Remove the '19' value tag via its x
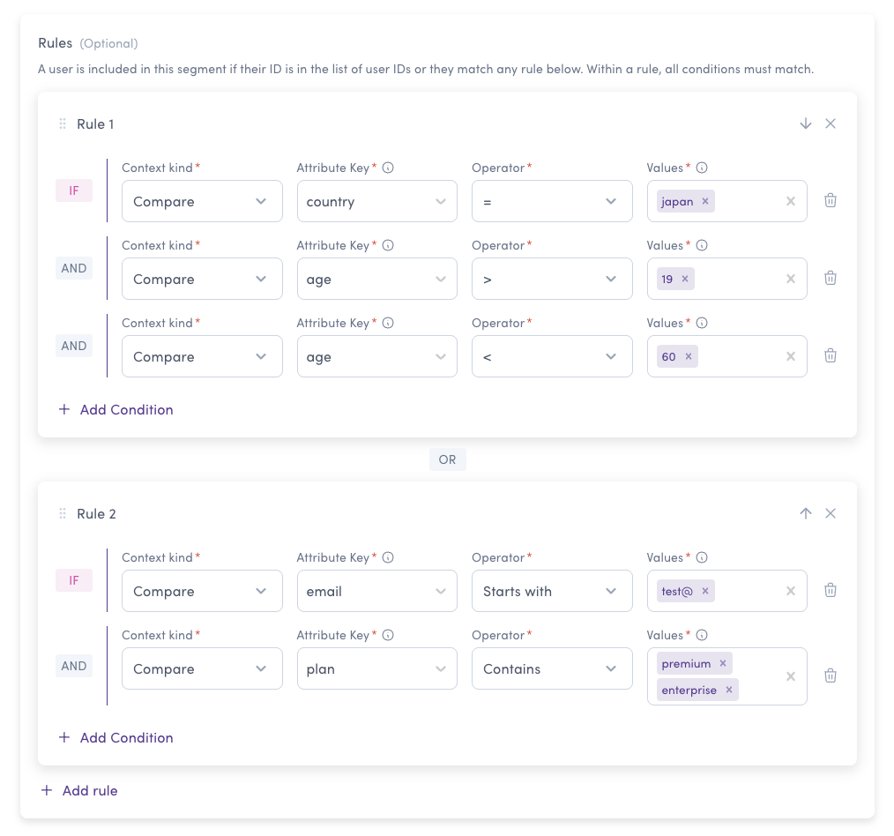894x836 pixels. [685, 279]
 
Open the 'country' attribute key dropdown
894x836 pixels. [376, 201]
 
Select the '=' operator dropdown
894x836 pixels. [552, 201]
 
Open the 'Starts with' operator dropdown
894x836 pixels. [552, 591]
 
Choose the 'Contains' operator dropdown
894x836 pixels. [552, 668]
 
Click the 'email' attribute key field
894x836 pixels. [376, 591]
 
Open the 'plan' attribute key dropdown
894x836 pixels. [376, 668]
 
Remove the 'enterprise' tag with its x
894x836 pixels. [728, 690]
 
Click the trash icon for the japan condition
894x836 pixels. [831, 200]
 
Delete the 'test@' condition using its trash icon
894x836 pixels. [831, 590]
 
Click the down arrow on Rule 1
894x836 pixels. [806, 123]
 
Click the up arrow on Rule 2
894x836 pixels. [806, 513]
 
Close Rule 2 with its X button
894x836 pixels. [831, 513]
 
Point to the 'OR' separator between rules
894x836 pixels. [448, 459]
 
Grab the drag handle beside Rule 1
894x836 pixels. [63, 123]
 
